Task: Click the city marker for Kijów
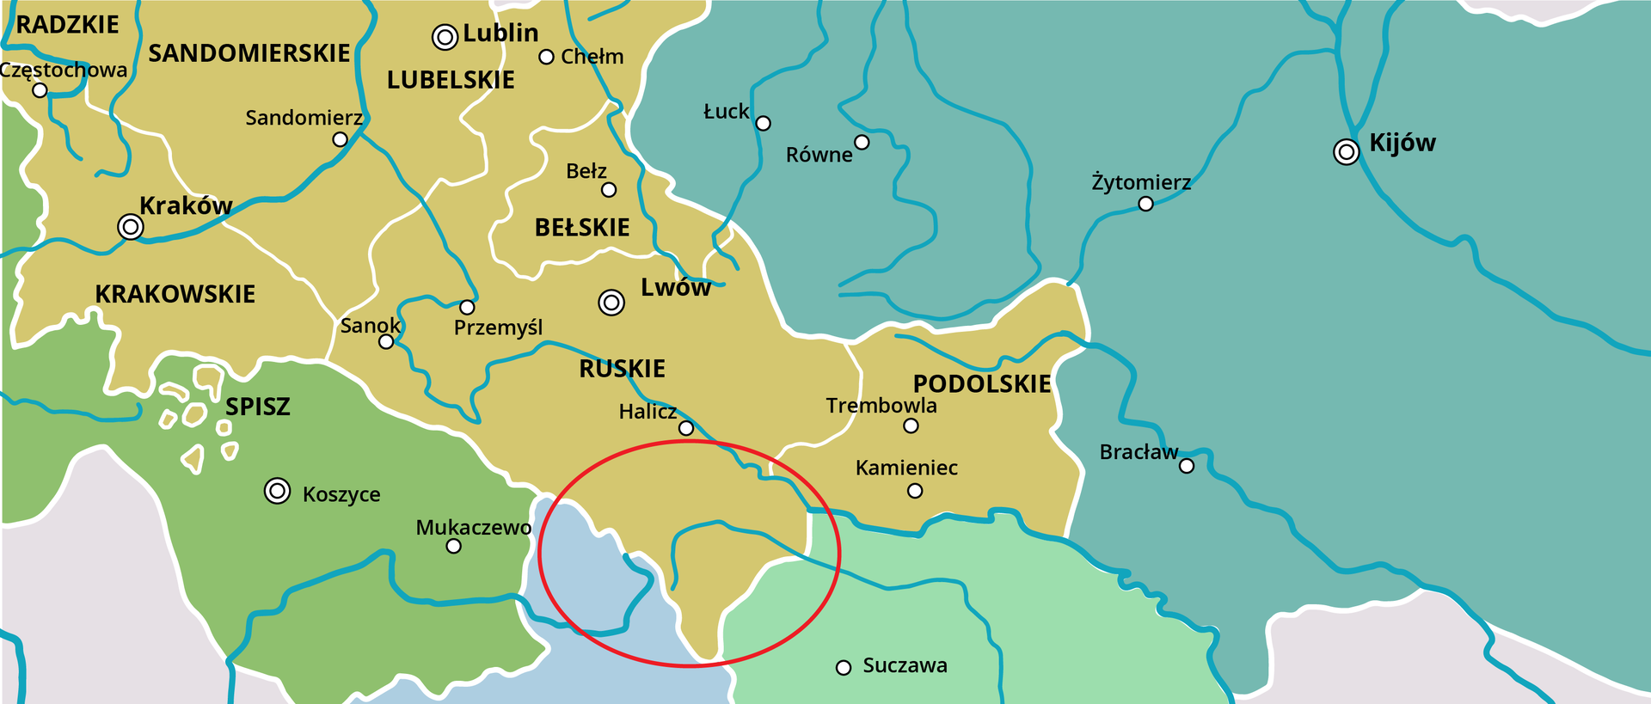1346,152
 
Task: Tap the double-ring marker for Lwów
611,302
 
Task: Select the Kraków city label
186,205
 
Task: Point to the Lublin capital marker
445,37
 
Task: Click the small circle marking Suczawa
844,667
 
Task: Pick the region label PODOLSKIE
982,383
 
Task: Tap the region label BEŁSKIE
582,228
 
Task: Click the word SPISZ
258,407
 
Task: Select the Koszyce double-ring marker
277,491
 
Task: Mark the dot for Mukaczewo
454,546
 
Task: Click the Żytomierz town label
1141,182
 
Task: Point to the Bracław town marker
1187,466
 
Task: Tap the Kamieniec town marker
915,491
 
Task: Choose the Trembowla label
881,406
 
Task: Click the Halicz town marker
686,428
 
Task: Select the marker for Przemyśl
467,307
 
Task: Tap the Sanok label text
370,326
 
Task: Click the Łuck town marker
763,123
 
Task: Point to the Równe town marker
862,142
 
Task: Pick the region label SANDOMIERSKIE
249,53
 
